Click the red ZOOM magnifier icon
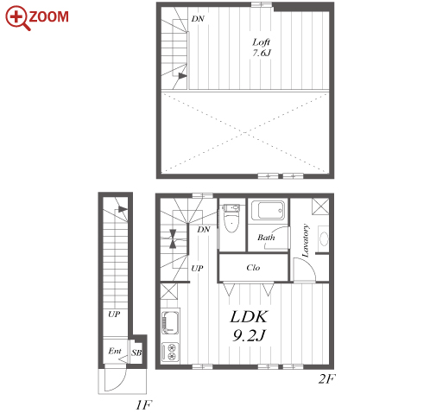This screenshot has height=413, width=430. (x=17, y=18)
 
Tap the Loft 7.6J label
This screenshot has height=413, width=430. (x=262, y=48)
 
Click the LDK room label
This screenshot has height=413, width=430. (x=250, y=316)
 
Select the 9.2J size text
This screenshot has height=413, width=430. (x=249, y=335)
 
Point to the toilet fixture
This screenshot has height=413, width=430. (x=231, y=218)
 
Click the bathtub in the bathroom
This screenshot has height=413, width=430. (x=269, y=210)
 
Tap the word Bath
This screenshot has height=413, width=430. (x=266, y=238)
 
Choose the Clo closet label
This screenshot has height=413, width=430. (x=253, y=268)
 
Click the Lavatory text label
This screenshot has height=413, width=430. (x=306, y=240)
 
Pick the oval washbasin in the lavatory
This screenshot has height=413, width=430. (x=324, y=238)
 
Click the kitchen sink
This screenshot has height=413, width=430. (x=170, y=322)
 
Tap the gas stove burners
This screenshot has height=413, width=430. (x=170, y=352)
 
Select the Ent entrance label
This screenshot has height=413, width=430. (x=115, y=351)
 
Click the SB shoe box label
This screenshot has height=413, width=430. (x=136, y=353)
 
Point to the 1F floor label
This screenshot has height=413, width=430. (x=143, y=405)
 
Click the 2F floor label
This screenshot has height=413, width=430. (x=326, y=378)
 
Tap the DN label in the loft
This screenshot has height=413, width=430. (x=198, y=19)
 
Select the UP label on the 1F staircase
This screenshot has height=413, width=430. (x=114, y=314)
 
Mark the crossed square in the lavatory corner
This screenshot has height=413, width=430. (x=320, y=206)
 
